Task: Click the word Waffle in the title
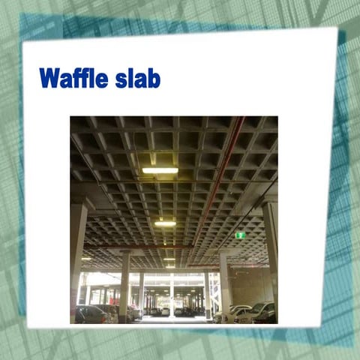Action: [x=73, y=79]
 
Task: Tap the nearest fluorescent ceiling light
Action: [x=160, y=170]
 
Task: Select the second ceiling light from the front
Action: [x=165, y=223]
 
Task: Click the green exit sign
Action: [x=240, y=235]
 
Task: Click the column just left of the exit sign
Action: [x=225, y=281]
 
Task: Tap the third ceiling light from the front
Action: [x=168, y=248]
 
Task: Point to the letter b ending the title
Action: [x=154, y=79]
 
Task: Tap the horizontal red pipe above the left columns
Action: [x=127, y=246]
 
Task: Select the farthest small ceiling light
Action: [x=169, y=267]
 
